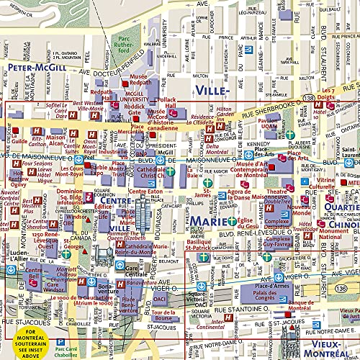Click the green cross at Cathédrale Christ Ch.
[x=169, y=171]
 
